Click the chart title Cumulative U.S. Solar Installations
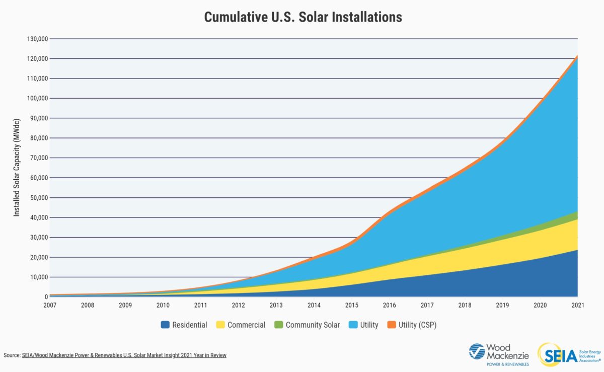click(x=303, y=17)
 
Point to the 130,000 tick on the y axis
click(x=36, y=39)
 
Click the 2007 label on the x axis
click(x=50, y=306)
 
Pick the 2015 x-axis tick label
click(x=351, y=306)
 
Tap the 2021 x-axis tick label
click(x=577, y=306)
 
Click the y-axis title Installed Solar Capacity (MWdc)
click(x=17, y=168)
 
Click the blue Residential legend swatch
click(x=165, y=325)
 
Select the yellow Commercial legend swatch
click(x=220, y=325)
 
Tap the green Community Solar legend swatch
click(x=278, y=325)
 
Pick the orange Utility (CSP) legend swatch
click(x=391, y=325)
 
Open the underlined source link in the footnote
click(x=124, y=355)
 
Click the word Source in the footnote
click(x=11, y=355)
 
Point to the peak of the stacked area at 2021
click(x=577, y=56)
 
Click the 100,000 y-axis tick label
click(x=36, y=99)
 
